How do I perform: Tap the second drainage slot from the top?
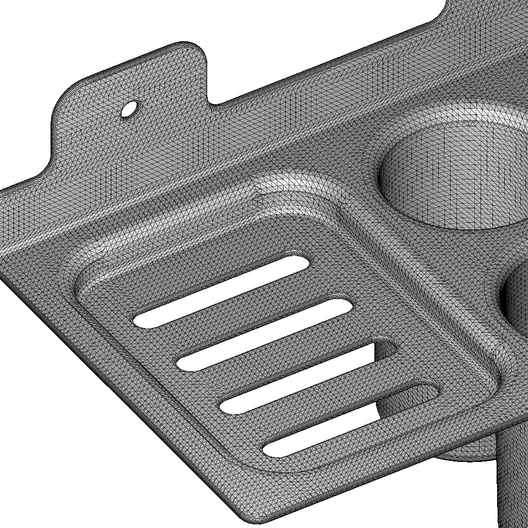coord(265,335)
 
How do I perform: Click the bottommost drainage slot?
coord(351,419)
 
